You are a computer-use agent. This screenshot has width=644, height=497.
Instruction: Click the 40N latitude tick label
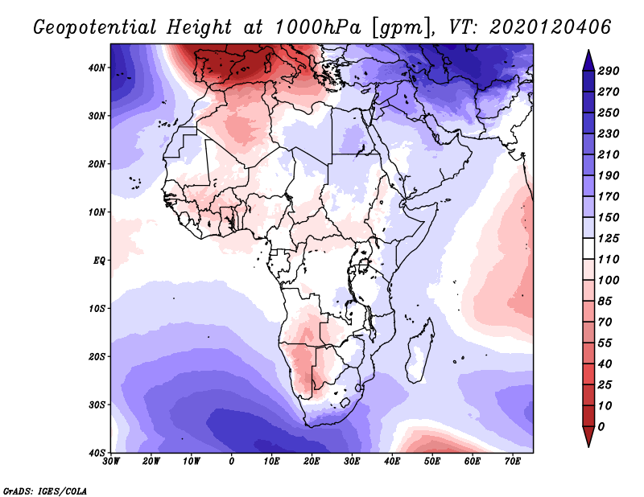[97, 68]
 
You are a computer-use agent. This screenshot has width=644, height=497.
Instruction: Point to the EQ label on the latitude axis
[99, 261]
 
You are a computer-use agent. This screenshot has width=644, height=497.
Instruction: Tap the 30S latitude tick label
[97, 405]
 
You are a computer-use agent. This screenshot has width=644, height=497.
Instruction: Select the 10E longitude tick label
[271, 462]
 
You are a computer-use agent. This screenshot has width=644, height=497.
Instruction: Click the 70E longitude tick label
[513, 462]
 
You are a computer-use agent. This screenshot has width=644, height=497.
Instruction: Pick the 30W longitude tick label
[111, 462]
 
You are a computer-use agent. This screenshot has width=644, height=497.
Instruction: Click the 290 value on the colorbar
[609, 71]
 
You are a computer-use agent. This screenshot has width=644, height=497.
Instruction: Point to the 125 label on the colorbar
[609, 238]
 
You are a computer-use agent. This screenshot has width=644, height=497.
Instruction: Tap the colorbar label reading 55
[605, 343]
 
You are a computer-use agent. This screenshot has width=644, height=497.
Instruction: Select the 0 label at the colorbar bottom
[601, 427]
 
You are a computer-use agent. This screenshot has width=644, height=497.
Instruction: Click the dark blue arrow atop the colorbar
[588, 60]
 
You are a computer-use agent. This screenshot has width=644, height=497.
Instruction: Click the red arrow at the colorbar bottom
[588, 437]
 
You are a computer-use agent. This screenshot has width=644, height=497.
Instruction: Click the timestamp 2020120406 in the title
[551, 27]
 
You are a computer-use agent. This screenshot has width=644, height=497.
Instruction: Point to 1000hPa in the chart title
[318, 27]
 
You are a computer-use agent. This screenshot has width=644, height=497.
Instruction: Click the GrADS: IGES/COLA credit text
[45, 491]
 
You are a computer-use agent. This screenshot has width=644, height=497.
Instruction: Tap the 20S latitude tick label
[97, 356]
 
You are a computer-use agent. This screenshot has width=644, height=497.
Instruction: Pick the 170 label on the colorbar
[609, 196]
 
